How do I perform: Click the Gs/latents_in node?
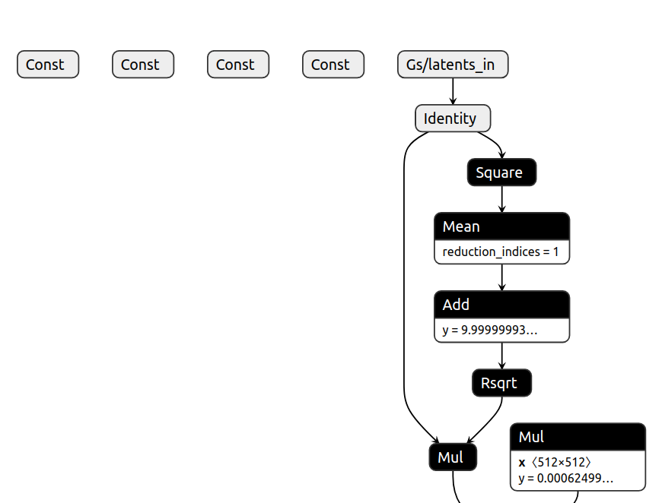point(452,65)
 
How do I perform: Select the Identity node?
point(452,119)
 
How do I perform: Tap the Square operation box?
point(501,172)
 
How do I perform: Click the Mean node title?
point(501,226)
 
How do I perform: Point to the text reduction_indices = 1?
point(501,251)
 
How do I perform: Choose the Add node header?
point(501,305)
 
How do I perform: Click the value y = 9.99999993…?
point(490,330)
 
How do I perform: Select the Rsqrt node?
point(501,383)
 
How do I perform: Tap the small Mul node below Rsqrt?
point(453,457)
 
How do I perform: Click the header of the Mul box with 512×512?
point(578,437)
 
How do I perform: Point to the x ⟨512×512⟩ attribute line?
point(555,462)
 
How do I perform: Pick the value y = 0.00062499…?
point(566,479)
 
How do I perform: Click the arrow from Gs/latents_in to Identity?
point(453,91)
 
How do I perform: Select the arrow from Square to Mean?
point(501,199)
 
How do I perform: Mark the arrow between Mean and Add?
point(501,277)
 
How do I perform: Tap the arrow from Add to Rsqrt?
point(501,356)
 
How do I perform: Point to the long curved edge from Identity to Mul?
point(404,289)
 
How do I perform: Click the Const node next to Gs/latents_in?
point(333,65)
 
